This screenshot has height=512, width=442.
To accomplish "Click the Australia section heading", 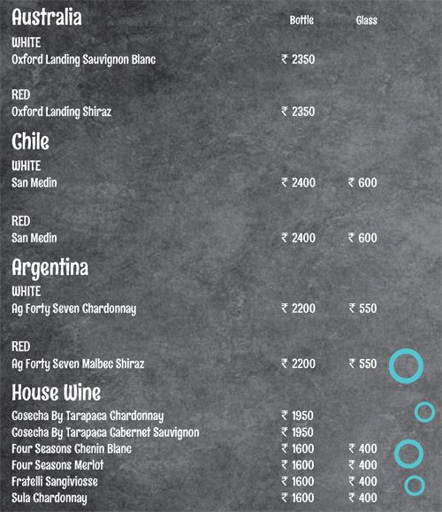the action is (47, 18).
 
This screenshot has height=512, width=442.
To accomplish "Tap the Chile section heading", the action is (31, 142).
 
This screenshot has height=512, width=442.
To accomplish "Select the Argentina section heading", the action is (50, 267).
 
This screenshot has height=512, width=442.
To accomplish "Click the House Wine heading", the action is (57, 392).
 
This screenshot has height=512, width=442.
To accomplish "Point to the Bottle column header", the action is (301, 20).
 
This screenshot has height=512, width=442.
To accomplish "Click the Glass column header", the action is (366, 20).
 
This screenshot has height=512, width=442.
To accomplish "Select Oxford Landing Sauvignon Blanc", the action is (84, 60).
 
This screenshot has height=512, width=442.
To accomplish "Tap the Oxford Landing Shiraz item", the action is (61, 112).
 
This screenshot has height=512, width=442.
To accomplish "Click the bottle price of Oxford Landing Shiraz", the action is (298, 112).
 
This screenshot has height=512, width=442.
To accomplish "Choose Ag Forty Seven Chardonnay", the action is (73, 309).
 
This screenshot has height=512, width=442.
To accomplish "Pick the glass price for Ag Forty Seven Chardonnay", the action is (362, 309).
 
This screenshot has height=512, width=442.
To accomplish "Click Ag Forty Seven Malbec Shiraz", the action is (78, 363).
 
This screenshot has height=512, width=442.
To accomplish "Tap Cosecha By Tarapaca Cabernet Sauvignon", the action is (105, 432).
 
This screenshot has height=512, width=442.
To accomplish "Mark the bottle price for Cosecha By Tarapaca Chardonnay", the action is (298, 416).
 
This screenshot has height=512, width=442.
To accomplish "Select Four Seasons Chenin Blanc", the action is (68, 448).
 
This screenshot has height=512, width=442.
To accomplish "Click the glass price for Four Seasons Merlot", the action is (362, 465).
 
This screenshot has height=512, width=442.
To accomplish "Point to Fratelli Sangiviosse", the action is (55, 482).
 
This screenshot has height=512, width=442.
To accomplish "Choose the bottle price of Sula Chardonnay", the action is (298, 499).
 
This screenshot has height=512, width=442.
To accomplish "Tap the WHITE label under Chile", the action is (27, 165).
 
